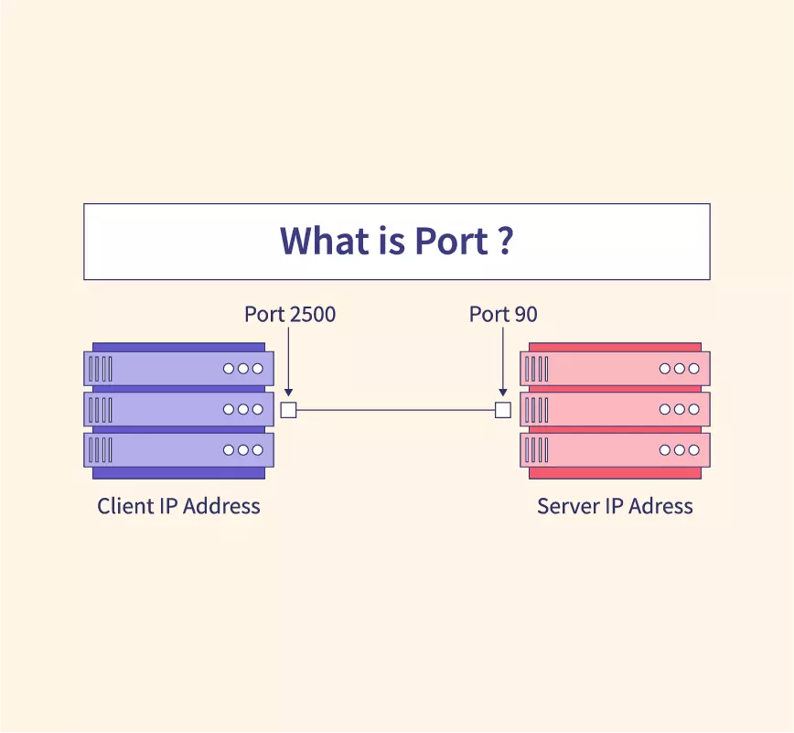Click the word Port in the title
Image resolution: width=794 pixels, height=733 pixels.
[x=452, y=240]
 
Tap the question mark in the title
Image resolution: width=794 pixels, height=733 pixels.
[x=505, y=240]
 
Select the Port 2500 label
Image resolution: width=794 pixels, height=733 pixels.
[x=290, y=314]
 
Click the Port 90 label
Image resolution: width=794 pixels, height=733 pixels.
[x=503, y=314]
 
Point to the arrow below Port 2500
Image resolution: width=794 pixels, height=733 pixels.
[x=289, y=361]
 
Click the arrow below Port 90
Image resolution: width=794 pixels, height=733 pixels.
[x=503, y=361]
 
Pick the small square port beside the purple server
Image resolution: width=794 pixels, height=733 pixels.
[x=289, y=410]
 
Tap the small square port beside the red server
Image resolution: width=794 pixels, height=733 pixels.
[x=503, y=410]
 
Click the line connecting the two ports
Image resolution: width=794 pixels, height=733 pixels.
[x=395, y=410]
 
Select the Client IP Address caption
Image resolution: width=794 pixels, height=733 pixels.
[x=178, y=506]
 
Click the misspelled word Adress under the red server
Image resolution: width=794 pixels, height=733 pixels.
[x=660, y=506]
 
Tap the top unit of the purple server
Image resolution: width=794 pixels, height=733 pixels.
[x=178, y=368]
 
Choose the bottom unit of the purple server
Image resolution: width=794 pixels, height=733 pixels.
[x=178, y=449]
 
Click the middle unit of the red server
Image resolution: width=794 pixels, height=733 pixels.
[x=615, y=409]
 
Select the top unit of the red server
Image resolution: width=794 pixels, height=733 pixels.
[x=615, y=368]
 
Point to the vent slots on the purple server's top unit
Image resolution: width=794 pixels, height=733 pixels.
[x=101, y=369]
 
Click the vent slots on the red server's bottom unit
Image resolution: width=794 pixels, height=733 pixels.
[x=537, y=450]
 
